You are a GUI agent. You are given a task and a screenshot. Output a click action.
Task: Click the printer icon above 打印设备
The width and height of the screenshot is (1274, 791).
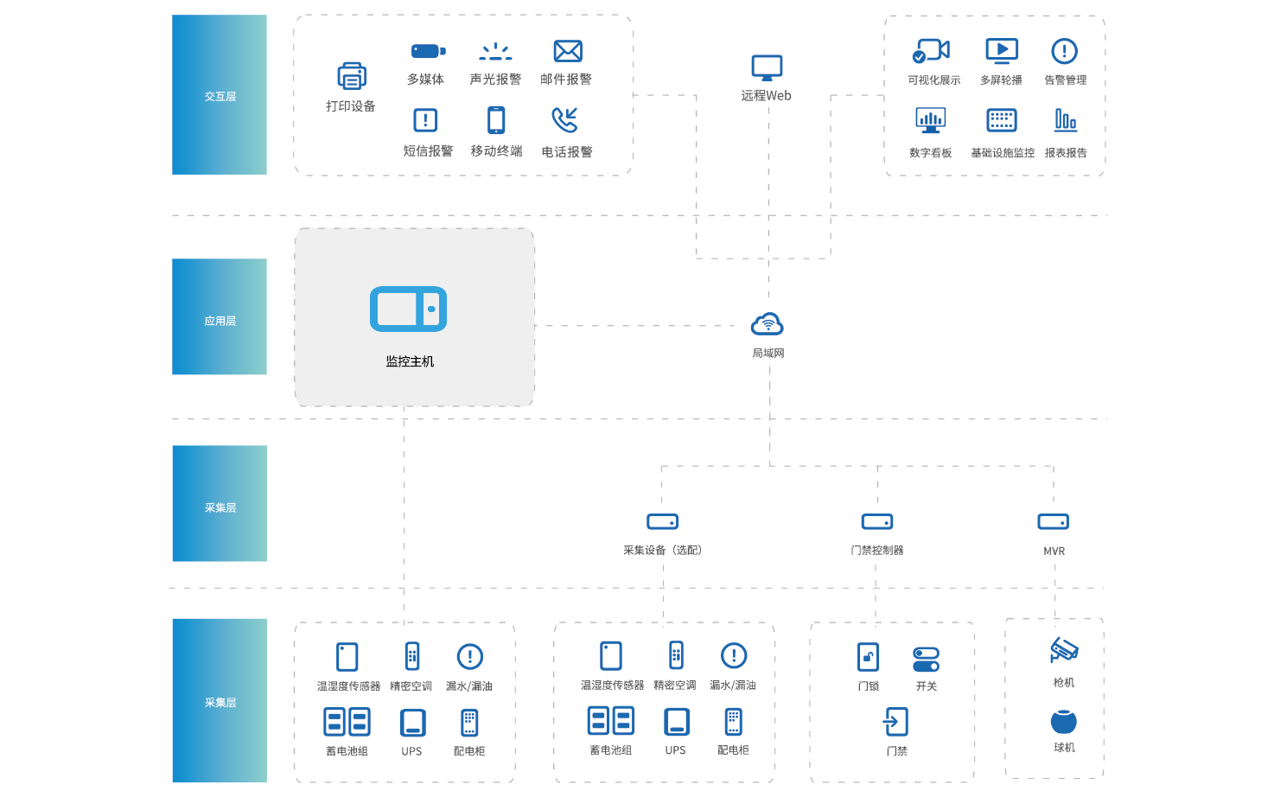point(351,76)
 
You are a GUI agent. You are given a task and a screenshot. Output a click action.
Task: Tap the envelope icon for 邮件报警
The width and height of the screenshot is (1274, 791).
point(567,51)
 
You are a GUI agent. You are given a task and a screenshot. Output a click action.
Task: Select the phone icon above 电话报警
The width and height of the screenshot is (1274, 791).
point(565,120)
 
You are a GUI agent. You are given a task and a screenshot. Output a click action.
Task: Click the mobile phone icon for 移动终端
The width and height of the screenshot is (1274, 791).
point(496,120)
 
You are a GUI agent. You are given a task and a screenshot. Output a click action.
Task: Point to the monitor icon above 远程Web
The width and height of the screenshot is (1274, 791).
point(767,67)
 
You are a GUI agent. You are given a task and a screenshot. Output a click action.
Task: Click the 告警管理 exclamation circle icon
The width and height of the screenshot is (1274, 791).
point(1064,51)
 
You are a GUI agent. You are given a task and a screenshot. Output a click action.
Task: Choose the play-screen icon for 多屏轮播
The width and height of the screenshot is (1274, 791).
point(1002,51)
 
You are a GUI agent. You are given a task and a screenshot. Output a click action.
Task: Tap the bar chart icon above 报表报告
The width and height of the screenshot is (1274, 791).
point(1066,120)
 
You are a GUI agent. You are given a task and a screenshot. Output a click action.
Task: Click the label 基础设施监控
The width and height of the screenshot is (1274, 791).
point(1003,153)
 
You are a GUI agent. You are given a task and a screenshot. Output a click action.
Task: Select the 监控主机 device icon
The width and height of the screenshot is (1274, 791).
point(409,309)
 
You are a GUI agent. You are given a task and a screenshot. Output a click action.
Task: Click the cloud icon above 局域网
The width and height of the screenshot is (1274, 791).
point(768,325)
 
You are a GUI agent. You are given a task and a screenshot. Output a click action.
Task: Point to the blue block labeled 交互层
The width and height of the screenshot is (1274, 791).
point(220,95)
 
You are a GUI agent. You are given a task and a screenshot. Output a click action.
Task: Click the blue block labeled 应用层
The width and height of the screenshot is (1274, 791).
point(220,316)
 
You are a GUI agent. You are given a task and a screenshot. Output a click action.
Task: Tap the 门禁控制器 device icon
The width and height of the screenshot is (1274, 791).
point(877,522)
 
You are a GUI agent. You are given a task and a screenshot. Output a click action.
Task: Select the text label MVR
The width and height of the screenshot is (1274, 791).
point(1054,552)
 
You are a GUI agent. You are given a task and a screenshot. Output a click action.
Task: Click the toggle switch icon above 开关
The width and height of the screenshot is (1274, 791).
point(926,660)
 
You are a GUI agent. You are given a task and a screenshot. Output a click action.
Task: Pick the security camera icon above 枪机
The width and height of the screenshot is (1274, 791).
point(1064,649)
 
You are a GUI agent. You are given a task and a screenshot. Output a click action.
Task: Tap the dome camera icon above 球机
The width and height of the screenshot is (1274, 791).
point(1064,722)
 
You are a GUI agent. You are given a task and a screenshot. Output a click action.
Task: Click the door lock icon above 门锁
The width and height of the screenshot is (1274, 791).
point(868,657)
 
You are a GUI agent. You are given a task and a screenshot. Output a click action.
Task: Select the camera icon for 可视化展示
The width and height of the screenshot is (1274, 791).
point(931,51)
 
